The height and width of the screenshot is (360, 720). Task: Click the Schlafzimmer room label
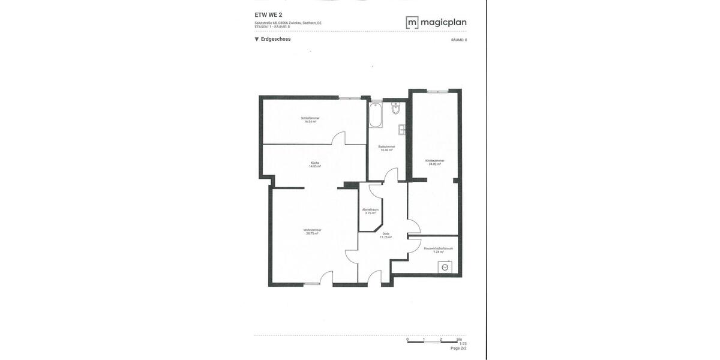click(310, 120)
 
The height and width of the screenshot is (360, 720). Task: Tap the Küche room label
click(315, 164)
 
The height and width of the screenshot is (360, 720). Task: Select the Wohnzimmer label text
click(312, 232)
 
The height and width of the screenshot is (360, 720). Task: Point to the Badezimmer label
click(386, 148)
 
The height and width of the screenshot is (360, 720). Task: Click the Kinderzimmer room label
click(434, 162)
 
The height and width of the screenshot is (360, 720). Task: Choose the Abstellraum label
click(370, 211)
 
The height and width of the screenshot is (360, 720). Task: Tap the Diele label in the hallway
click(385, 235)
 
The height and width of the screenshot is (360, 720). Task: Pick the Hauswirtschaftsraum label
click(438, 250)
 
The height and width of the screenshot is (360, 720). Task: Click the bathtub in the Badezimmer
click(376, 115)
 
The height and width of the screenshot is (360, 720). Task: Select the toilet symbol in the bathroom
click(395, 108)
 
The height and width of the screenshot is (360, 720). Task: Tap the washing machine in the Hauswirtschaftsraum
click(445, 268)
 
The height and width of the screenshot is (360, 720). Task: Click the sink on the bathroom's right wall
click(402, 130)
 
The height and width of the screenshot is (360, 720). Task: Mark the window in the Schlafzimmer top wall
click(349, 98)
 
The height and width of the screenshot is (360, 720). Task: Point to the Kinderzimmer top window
click(437, 91)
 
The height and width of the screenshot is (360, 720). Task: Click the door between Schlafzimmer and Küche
click(339, 139)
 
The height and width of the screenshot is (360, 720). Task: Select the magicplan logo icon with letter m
click(412, 23)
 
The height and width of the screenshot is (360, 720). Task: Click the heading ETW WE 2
click(268, 15)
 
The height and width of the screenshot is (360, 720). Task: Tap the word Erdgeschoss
click(276, 39)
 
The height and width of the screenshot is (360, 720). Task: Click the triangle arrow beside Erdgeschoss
click(257, 40)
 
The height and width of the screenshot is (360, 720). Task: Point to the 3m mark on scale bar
click(459, 340)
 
